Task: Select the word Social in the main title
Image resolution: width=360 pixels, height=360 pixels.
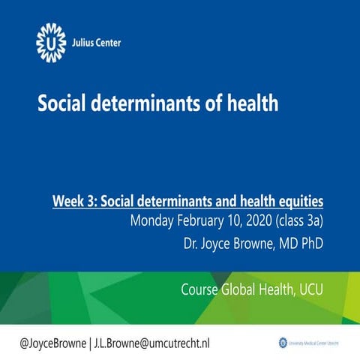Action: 63,103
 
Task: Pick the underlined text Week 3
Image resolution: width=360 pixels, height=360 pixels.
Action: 73,201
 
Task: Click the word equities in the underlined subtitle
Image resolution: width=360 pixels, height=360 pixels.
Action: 298,201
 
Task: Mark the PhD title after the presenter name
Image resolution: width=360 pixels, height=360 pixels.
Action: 311,244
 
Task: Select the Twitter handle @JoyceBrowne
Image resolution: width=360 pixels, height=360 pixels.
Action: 53,342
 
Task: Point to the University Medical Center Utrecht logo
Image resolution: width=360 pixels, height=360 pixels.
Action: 307,342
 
